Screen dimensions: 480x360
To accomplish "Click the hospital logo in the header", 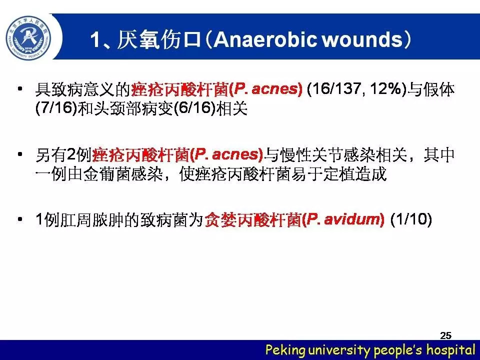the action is click(x=28, y=37).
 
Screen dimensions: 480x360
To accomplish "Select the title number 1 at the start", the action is click(x=95, y=40).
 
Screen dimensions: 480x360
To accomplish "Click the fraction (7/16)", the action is click(x=55, y=108).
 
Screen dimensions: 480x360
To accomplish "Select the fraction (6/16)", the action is click(x=194, y=108).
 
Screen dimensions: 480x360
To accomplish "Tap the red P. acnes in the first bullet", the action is click(x=265, y=89).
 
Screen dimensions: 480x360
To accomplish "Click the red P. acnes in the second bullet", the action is click(x=226, y=154).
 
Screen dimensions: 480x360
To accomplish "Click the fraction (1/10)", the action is click(x=411, y=219).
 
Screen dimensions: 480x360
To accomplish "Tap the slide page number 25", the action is click(x=445, y=335).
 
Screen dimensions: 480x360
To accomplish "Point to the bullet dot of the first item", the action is click(x=20, y=89).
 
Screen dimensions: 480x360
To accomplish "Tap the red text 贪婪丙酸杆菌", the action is click(x=253, y=219).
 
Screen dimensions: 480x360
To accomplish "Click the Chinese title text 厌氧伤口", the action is click(x=158, y=39).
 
